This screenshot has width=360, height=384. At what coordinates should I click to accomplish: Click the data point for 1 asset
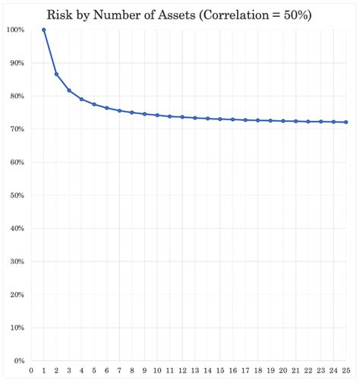[x=44, y=30]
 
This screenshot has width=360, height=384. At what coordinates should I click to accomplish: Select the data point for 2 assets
[x=56, y=75]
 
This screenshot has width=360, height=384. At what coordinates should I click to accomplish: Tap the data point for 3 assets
[x=69, y=90]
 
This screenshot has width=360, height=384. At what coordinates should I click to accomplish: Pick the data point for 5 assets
[x=94, y=104]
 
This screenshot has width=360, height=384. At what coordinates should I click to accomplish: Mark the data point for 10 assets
[x=157, y=115]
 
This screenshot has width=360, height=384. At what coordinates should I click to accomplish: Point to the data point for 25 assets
[x=346, y=122]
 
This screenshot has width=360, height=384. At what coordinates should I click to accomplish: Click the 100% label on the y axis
[x=14, y=30]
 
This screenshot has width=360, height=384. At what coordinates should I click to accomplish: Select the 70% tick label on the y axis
[x=16, y=129]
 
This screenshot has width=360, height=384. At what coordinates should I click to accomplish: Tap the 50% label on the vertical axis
[x=16, y=195]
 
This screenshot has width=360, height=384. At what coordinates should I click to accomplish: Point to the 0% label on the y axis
[x=18, y=360]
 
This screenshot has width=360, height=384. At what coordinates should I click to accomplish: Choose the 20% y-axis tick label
[x=16, y=294]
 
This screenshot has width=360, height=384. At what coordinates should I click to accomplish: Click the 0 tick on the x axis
[x=31, y=371]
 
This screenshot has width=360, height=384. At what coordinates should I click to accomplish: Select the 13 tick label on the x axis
[x=195, y=371]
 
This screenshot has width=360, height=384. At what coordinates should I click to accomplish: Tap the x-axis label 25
[x=346, y=371]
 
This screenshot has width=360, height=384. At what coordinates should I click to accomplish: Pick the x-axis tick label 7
[x=119, y=371]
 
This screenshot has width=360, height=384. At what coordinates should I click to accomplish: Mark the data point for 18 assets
[x=258, y=120]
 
